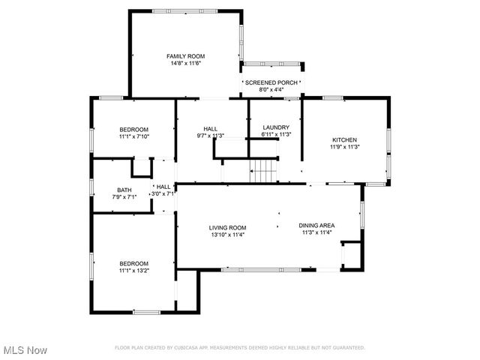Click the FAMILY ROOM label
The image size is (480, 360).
point(185,56)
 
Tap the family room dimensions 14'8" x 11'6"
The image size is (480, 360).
point(185,64)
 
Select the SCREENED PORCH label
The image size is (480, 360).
point(272,82)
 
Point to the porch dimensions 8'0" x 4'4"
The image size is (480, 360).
point(272,90)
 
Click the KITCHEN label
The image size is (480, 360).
point(345,139)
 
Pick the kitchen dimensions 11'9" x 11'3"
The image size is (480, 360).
point(345,147)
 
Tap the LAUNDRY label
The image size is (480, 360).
point(275,127)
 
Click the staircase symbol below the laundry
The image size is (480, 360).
point(263,172)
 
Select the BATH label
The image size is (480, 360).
point(124,190)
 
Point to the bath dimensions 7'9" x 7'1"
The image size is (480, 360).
point(124,197)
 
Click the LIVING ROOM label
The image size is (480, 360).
point(227,227)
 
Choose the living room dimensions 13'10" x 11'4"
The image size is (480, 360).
point(227,235)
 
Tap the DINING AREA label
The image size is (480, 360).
point(316,225)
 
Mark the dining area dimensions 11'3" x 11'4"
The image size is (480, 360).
point(316,232)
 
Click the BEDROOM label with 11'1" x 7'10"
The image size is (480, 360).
point(133,129)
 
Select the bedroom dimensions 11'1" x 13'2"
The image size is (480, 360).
point(133,271)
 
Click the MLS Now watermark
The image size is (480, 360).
point(25,350)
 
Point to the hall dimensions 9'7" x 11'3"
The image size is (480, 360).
point(210,136)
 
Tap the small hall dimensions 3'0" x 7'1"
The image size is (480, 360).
point(163,193)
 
